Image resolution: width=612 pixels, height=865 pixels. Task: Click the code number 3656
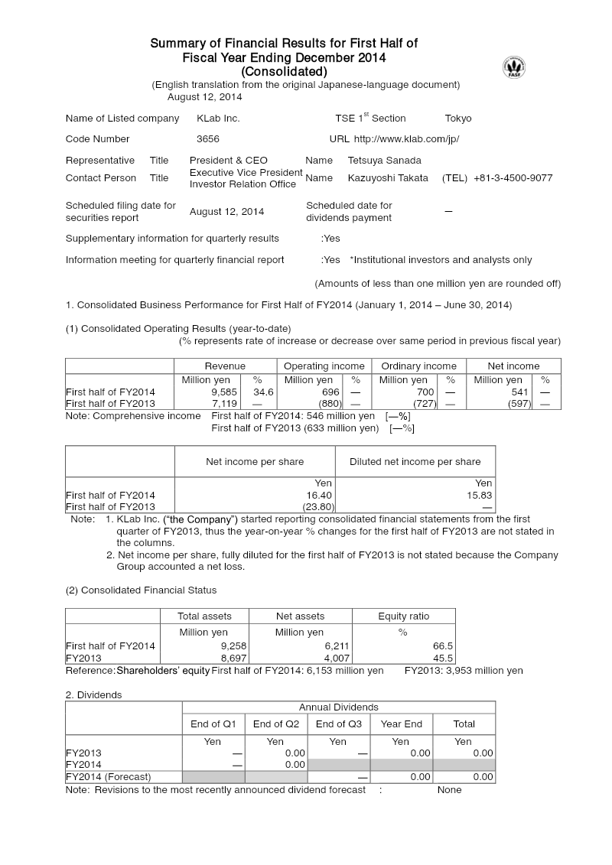[x=208, y=139]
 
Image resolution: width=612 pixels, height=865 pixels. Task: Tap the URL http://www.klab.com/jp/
[x=406, y=139]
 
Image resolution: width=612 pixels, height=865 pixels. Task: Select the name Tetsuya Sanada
[x=384, y=161]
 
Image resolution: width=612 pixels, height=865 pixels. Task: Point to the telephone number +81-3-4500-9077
[x=513, y=178]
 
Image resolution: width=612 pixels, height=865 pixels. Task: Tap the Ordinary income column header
[x=418, y=366]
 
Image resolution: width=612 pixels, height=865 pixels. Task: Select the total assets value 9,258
[x=233, y=646]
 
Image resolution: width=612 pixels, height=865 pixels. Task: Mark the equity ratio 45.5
[x=443, y=658]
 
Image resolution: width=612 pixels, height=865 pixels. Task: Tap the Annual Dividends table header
[x=338, y=707]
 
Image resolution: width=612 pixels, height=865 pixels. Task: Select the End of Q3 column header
[x=338, y=724]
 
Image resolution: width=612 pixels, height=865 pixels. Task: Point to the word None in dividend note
[x=449, y=790]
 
